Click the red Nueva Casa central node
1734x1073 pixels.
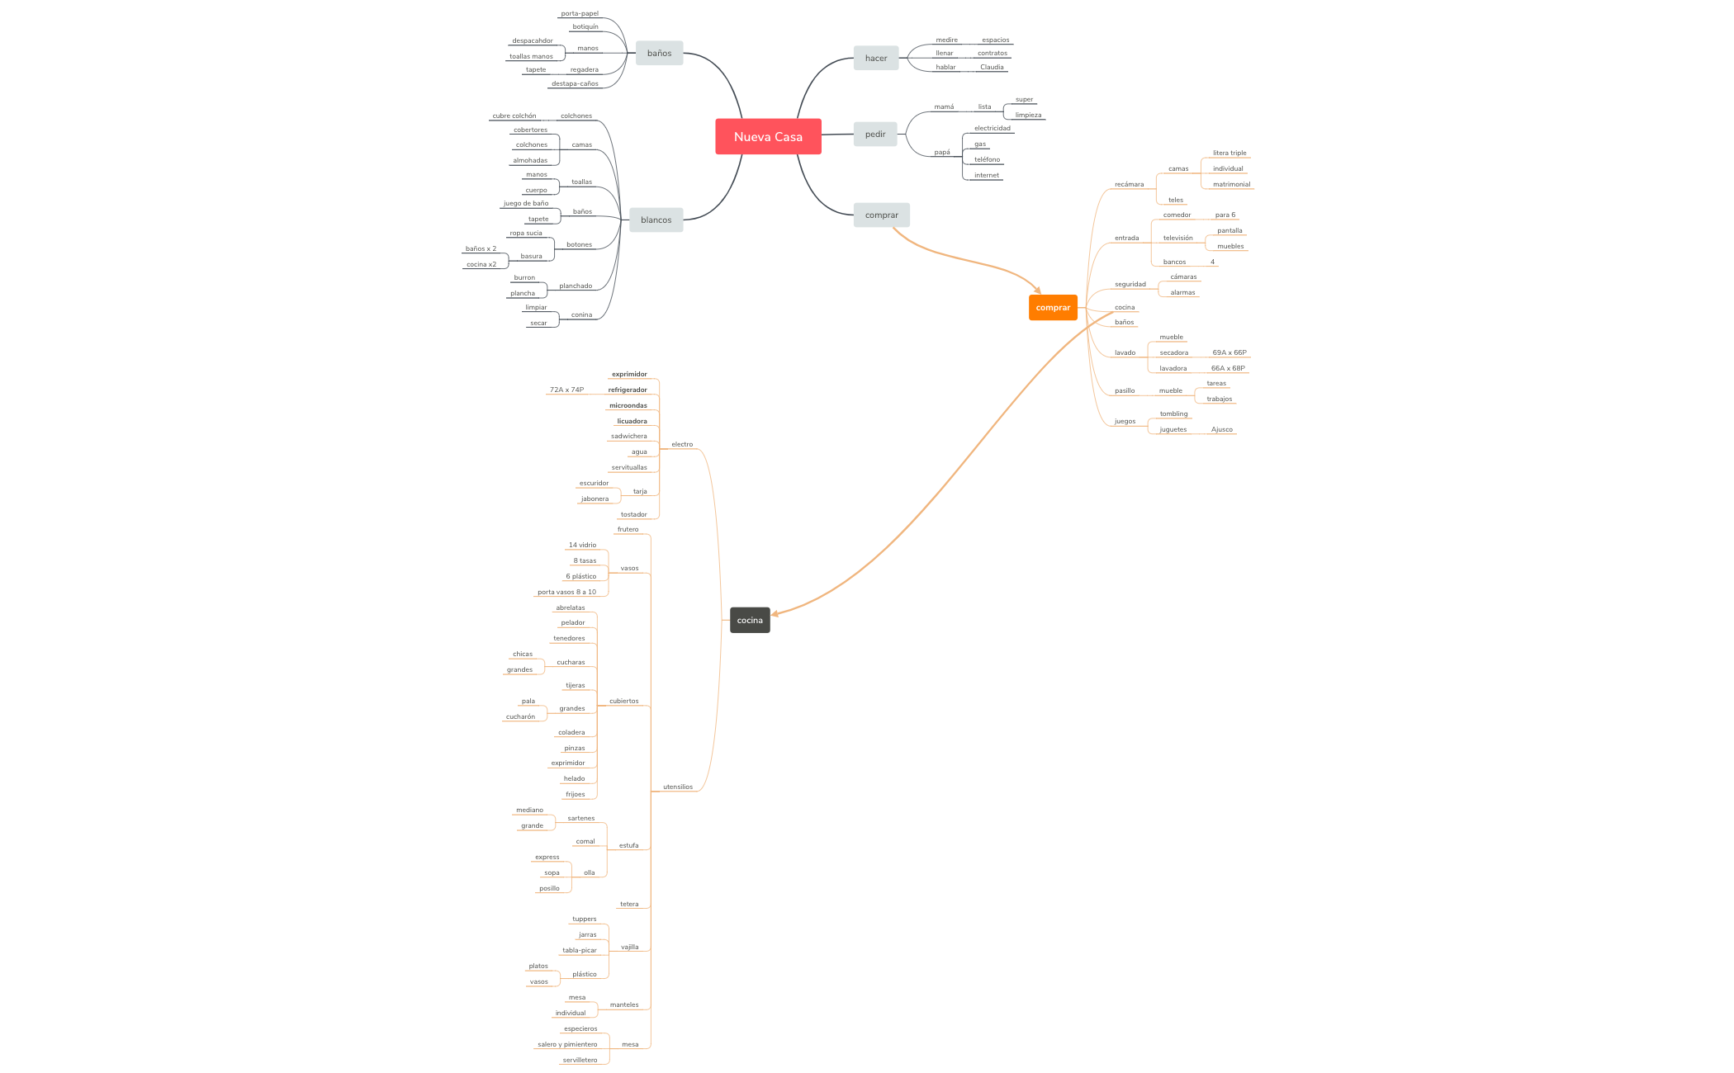click(x=768, y=137)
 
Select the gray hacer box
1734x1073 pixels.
click(x=876, y=59)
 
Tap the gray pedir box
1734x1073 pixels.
click(x=875, y=135)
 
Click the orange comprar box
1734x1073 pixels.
click(x=1053, y=308)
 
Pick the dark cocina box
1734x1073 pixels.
click(x=750, y=621)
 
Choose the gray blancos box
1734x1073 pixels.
click(x=656, y=220)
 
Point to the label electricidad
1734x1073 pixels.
click(x=992, y=129)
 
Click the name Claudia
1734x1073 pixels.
click(x=992, y=68)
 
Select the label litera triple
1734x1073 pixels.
click(x=1229, y=154)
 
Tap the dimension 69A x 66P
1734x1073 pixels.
click(x=1229, y=353)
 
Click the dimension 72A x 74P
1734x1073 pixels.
click(x=566, y=390)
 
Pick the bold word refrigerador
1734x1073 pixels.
click(x=628, y=390)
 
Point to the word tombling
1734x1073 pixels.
click(x=1173, y=414)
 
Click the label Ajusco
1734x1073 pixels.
click(x=1222, y=430)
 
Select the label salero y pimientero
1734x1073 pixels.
click(x=567, y=1045)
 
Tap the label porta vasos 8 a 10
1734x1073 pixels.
click(x=566, y=593)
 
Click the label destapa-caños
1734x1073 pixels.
click(x=575, y=84)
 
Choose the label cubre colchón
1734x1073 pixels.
click(x=514, y=116)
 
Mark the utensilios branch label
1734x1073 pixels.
click(x=678, y=787)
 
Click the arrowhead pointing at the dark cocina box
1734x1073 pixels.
click(x=775, y=614)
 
